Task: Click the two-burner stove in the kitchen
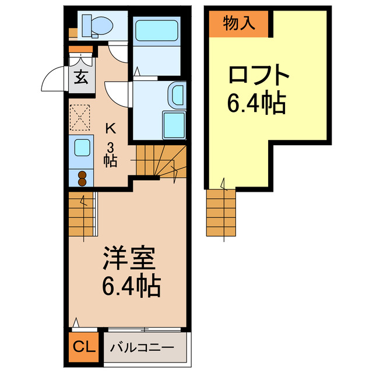[82, 177]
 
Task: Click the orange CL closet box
[84, 348]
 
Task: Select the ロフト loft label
[258, 76]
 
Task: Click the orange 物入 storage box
[239, 23]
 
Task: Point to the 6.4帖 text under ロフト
[256, 105]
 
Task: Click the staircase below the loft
[221, 213]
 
